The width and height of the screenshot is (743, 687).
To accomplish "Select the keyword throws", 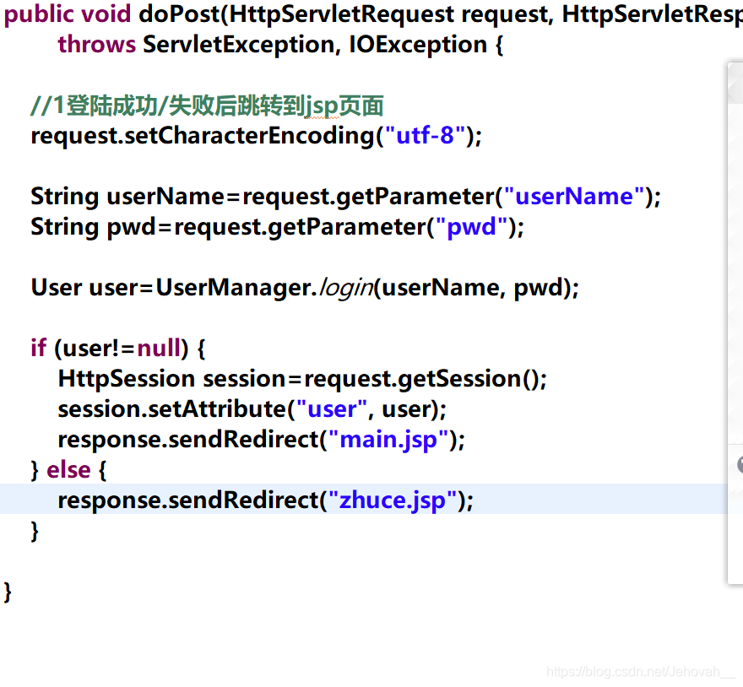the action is click(x=96, y=45).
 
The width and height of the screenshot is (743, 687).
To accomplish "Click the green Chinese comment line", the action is click(x=207, y=105).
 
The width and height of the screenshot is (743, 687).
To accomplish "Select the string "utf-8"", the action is click(x=426, y=136).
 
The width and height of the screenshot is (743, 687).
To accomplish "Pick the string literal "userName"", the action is click(x=574, y=197).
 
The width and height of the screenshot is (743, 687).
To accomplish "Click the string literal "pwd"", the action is click(x=471, y=227).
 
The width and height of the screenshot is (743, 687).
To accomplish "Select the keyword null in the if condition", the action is click(x=159, y=349).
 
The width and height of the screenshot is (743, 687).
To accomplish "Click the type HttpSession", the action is click(x=127, y=379).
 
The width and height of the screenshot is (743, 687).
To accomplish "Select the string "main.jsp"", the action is click(x=388, y=440).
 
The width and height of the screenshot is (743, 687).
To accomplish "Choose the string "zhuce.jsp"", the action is click(x=392, y=500).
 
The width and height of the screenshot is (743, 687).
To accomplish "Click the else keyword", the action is click(x=68, y=470).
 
